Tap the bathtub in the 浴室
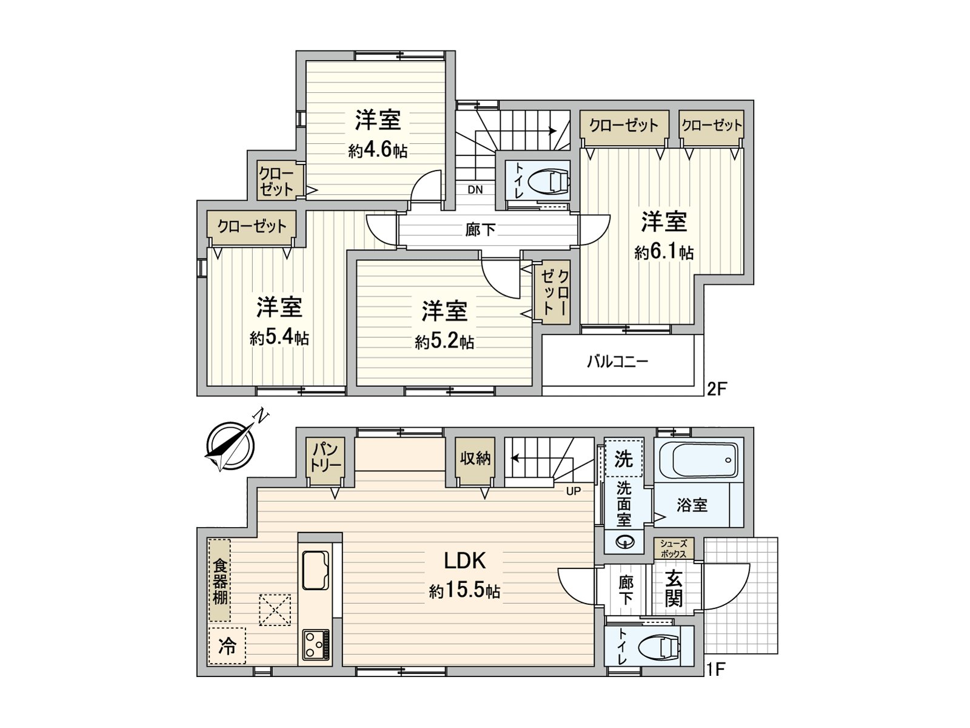tap(698, 460)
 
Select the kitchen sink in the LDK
tap(315, 570)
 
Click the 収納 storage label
tap(475, 459)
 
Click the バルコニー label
tap(617, 362)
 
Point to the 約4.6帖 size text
tap(378, 150)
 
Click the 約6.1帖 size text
tap(664, 251)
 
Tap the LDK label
tap(464, 561)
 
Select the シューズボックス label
tap(674, 549)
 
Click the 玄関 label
tap(674, 588)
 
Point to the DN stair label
tap(475, 190)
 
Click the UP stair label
tap(573, 491)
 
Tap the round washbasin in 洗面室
tap(624, 542)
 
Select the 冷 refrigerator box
tap(227, 646)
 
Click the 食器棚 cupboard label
tap(219, 581)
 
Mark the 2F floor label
tap(716, 389)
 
